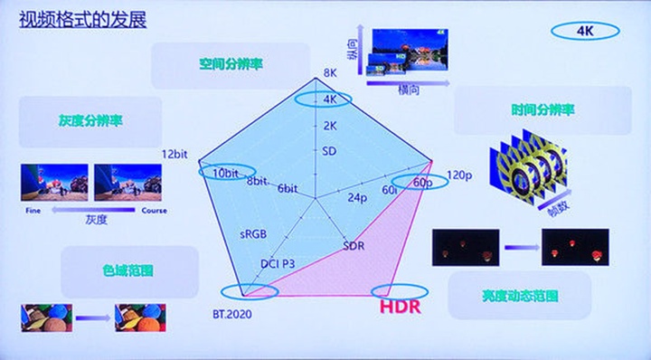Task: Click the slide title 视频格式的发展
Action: [x=83, y=19]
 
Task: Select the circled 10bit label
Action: [x=227, y=172]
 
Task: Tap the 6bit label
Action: [x=288, y=188]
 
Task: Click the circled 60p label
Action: [x=420, y=182]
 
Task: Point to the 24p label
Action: [x=357, y=197]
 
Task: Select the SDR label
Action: [x=354, y=246]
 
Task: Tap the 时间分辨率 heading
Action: [x=542, y=110]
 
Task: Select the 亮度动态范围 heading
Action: [x=520, y=296]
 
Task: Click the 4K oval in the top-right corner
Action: [x=584, y=31]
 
